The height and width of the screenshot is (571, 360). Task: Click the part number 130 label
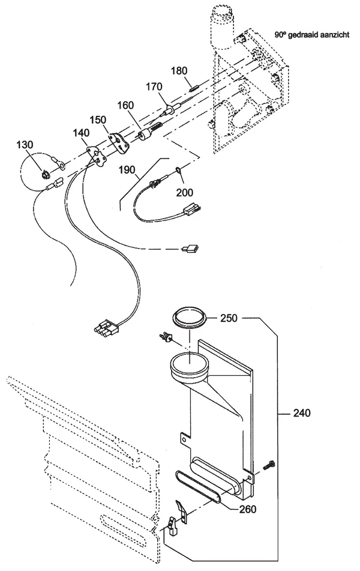tap(25, 145)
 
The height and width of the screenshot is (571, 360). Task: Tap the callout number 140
tap(81, 133)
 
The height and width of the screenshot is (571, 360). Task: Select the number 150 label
tap(98, 120)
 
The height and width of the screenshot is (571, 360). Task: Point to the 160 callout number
tap(125, 105)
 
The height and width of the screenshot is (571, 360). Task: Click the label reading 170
tap(154, 87)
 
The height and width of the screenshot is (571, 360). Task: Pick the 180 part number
tap(179, 71)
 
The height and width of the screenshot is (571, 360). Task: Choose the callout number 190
tap(127, 170)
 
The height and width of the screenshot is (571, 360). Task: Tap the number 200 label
tap(185, 192)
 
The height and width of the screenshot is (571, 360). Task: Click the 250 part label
tap(229, 318)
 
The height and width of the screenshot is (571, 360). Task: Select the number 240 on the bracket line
tap(302, 413)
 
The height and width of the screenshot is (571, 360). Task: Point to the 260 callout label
tap(248, 509)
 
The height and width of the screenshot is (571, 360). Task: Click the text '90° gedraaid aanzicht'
tap(312, 35)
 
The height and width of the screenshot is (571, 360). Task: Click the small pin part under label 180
tap(193, 88)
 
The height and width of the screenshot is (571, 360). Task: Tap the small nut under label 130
tap(46, 175)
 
